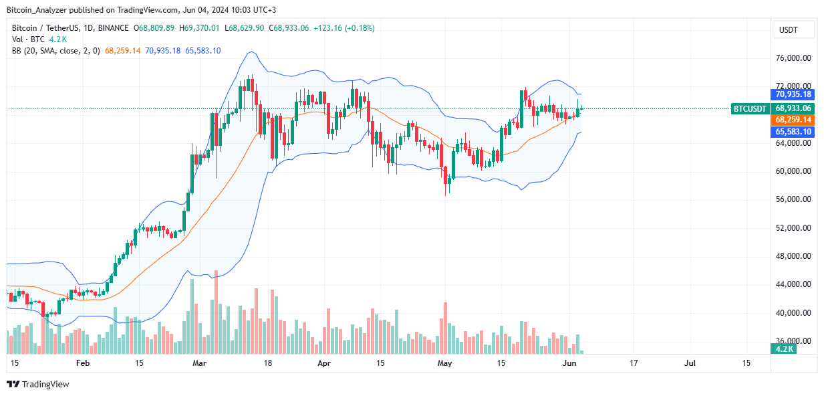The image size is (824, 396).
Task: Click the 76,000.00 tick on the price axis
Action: pyautogui.click(x=793, y=58)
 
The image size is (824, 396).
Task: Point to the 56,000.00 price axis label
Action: pyautogui.click(x=793, y=199)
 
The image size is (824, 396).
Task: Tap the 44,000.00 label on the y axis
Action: pyautogui.click(x=793, y=284)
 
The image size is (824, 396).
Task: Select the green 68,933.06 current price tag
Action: pyautogui.click(x=793, y=108)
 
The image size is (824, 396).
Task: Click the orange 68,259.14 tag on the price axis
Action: pyautogui.click(x=793, y=119)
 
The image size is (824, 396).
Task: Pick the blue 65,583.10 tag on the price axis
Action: pyautogui.click(x=793, y=132)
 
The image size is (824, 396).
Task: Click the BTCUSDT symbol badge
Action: pyautogui.click(x=750, y=108)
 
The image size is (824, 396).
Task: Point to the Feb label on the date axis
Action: pyautogui.click(x=82, y=363)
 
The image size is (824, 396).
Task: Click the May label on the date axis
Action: pyautogui.click(x=444, y=363)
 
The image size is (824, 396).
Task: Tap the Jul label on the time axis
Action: pyautogui.click(x=690, y=363)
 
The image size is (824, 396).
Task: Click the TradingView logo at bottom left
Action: pyautogui.click(x=38, y=384)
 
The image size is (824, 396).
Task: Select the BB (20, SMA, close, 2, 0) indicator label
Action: pyautogui.click(x=55, y=51)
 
